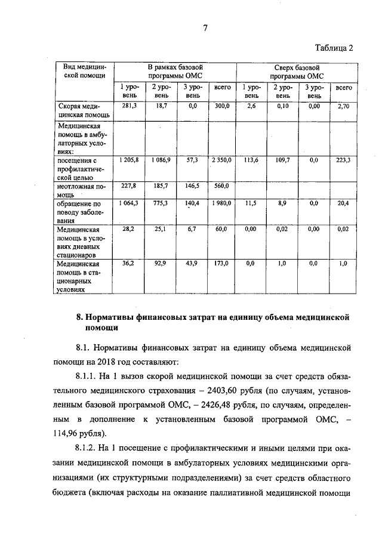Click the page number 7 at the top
tap(205, 27)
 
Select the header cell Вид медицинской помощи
tap(84, 72)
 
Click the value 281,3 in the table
tap(130, 106)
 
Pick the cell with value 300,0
tap(222, 106)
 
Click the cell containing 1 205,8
tap(129, 161)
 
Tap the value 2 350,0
tap(221, 161)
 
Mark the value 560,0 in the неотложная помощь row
tap(222, 186)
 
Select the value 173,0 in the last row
tap(222, 263)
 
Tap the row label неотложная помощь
tap(81, 190)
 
